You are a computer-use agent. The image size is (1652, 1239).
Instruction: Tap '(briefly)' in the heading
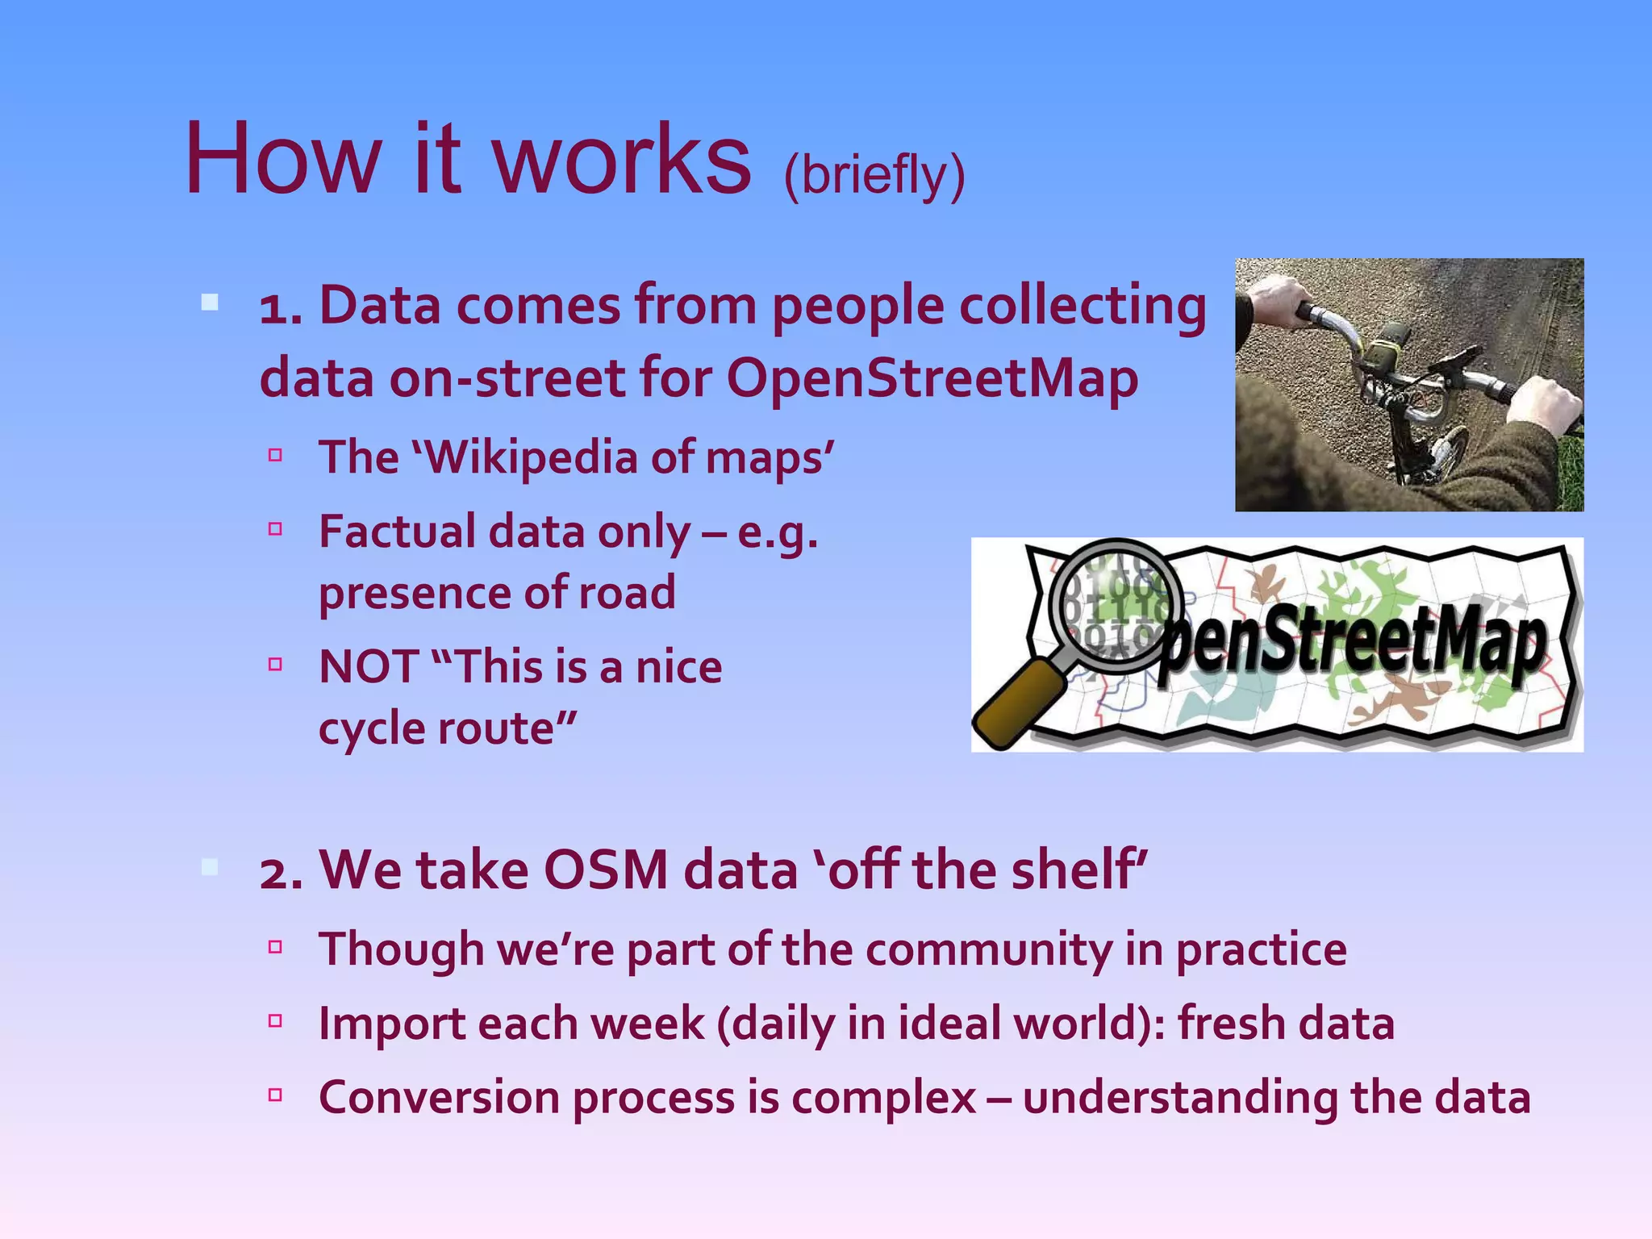tap(874, 175)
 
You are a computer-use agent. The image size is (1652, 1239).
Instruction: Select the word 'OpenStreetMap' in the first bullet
tap(932, 378)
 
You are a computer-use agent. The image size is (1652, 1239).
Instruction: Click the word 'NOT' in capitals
tap(368, 667)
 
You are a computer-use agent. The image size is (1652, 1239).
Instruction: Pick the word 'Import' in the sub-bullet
tap(391, 1024)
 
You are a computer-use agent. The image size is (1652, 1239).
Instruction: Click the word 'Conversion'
tap(439, 1098)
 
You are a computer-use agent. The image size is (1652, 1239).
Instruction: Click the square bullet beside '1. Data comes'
tap(210, 303)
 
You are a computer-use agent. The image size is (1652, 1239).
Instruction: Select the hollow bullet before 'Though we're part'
tap(275, 947)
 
